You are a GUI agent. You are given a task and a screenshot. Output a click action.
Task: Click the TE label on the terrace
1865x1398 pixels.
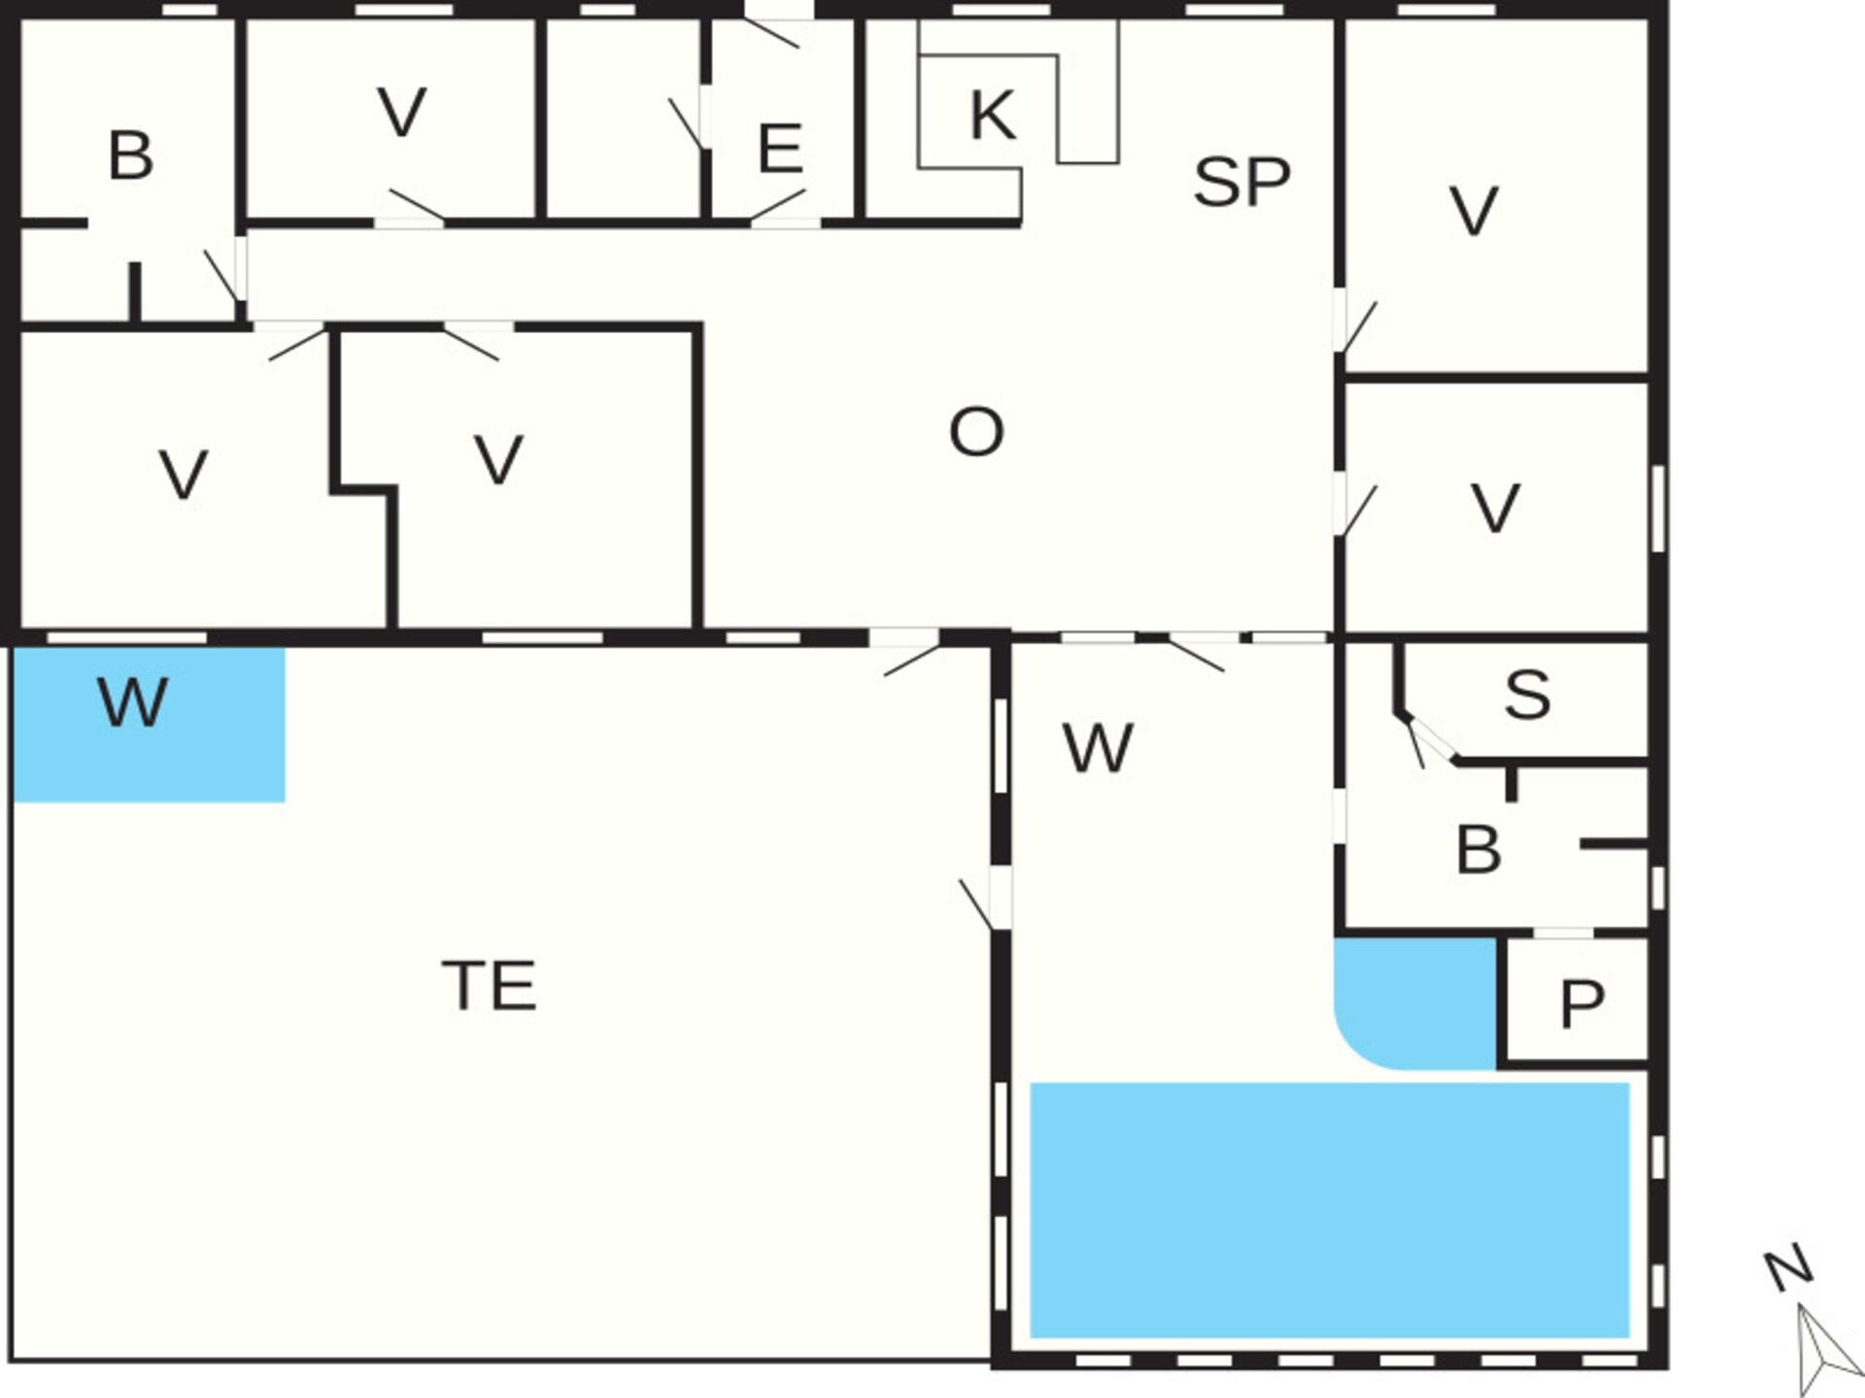[x=489, y=985]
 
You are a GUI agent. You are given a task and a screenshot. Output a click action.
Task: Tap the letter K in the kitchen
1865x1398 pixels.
[x=993, y=115]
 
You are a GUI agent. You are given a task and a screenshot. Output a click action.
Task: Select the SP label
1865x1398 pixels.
[x=1241, y=182]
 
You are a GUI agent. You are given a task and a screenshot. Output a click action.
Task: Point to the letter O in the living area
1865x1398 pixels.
[x=975, y=432]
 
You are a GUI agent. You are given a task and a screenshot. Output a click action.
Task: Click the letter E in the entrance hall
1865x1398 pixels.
[x=780, y=149]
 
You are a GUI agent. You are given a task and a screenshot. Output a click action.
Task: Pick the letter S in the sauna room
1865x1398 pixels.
[x=1527, y=695]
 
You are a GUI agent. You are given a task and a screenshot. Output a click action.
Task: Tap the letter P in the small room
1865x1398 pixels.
[x=1581, y=1004]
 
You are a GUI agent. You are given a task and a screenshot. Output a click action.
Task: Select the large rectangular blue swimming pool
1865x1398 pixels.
[x=1329, y=1210]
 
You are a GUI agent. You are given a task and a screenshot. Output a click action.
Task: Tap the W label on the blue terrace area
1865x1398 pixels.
[x=133, y=702]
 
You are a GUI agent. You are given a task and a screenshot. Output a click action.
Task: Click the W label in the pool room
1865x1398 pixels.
[x=1098, y=749]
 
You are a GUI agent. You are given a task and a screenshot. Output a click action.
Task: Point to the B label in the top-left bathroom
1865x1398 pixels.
[x=130, y=155]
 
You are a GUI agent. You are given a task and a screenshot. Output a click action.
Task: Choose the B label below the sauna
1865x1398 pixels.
[x=1478, y=849]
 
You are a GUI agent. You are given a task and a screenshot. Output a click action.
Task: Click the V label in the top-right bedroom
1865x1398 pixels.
[x=1474, y=211]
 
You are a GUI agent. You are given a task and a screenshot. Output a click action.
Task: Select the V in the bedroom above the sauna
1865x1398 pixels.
[x=1495, y=508]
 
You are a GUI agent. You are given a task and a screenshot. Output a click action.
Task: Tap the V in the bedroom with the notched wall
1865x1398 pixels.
[x=498, y=459]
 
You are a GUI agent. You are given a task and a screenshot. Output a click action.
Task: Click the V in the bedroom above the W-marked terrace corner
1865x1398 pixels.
[x=183, y=475]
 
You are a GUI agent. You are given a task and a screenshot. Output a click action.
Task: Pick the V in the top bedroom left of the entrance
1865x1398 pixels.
[x=401, y=112]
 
